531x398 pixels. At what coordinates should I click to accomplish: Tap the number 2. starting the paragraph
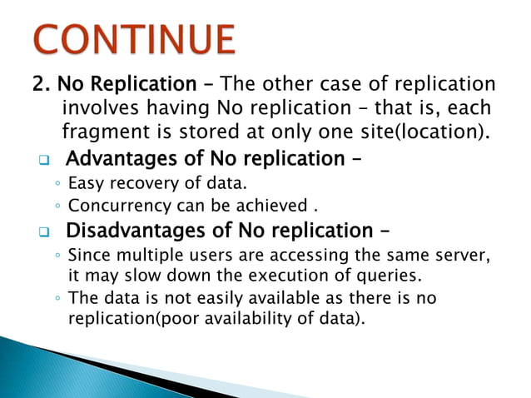42,86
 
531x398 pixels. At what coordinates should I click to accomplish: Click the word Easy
86,182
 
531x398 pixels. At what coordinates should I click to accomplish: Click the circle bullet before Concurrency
56,206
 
